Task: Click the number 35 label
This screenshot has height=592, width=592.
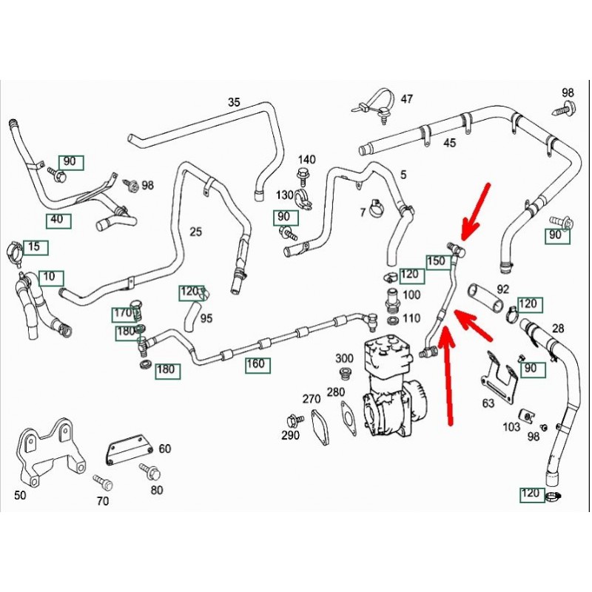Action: coord(234,102)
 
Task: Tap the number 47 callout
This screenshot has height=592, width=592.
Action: coord(408,99)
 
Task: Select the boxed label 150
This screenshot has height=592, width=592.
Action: coord(436,260)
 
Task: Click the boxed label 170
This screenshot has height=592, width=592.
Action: coord(122,314)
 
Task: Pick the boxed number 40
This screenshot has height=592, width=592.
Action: coord(57,219)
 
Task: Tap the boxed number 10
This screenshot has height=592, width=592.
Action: coord(50,277)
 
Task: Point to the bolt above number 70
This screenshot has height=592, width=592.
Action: coord(103,482)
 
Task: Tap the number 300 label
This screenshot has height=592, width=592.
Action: coord(345,358)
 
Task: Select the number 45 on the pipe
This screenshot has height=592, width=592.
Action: coord(450,143)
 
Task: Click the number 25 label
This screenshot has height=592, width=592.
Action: coord(195,232)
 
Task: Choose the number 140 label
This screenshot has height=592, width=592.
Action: coord(306,159)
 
